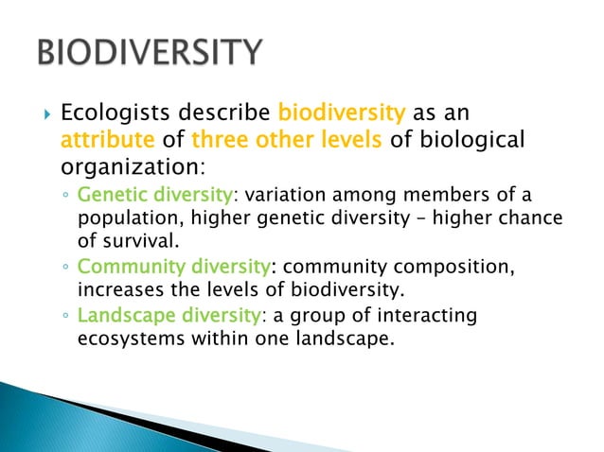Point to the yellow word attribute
(103, 140)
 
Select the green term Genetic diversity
(154, 196)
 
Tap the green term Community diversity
(175, 268)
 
